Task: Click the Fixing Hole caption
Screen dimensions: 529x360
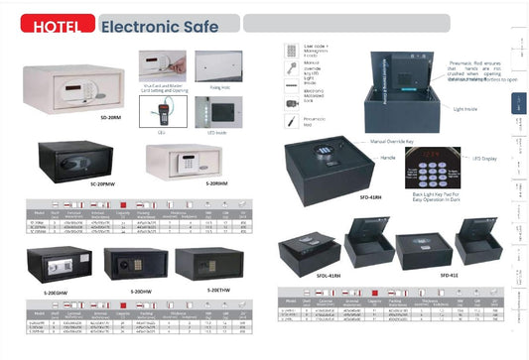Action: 217,86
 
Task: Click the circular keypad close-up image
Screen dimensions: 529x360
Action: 433,168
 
